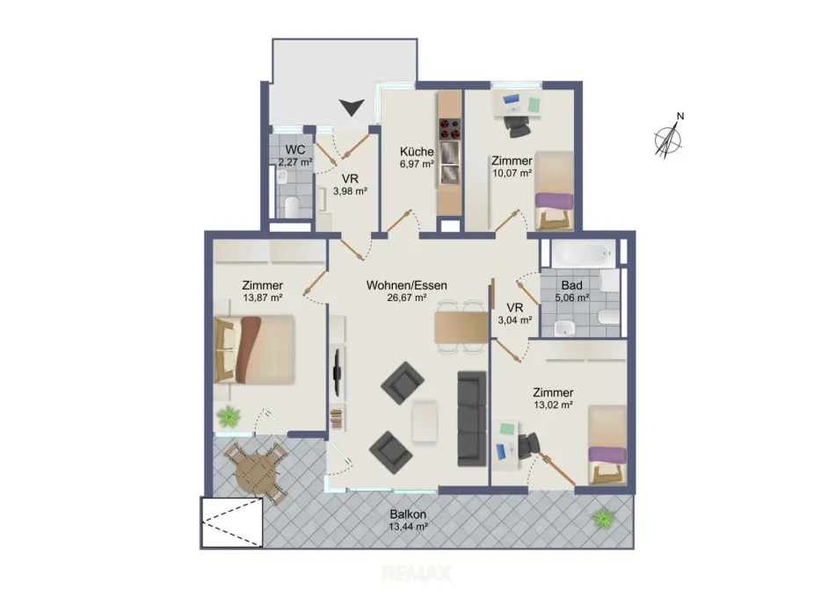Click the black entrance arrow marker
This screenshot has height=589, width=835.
[352, 107]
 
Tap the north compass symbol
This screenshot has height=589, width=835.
[668, 137]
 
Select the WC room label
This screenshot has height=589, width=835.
[295, 149]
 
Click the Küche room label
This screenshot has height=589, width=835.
[417, 152]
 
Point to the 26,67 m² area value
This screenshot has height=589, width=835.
[407, 298]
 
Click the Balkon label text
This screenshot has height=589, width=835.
[408, 514]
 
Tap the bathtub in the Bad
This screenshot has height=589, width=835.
[583, 254]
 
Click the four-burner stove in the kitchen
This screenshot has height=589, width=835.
[449, 128]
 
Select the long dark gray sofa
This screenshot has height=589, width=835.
[472, 419]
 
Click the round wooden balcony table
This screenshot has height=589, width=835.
[256, 472]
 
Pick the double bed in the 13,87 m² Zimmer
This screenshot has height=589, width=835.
[255, 349]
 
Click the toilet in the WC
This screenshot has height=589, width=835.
[291, 207]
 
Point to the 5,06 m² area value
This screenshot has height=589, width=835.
[572, 298]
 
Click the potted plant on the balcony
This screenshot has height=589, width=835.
[604, 517]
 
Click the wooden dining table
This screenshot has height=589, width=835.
[461, 327]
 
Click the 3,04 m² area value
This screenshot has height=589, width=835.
[515, 320]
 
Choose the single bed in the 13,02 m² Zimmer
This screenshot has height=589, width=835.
[607, 445]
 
